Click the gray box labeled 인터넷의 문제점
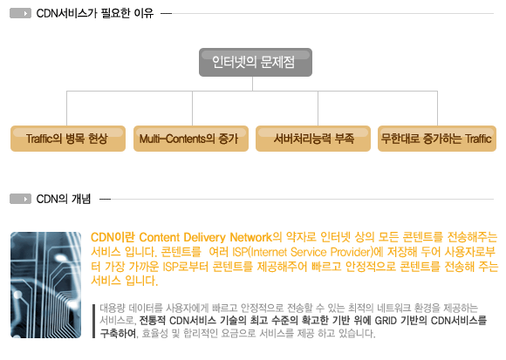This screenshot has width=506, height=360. [256, 62]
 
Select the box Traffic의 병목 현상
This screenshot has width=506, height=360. [68, 139]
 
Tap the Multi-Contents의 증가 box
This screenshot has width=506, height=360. [191, 139]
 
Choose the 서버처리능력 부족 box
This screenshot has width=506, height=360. [313, 139]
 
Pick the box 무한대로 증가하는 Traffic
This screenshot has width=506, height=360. [437, 139]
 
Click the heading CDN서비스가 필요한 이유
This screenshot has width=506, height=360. [95, 14]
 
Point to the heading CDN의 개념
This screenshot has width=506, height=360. [64, 199]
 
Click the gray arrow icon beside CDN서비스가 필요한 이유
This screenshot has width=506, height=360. [20, 13]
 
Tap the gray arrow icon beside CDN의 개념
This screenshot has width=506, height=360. [20, 199]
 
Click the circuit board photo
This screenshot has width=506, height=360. [46, 285]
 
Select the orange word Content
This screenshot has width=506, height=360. [160, 237]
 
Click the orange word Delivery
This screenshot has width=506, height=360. [205, 238]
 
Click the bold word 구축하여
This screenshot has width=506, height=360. [118, 333]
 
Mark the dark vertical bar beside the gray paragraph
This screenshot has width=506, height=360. [93, 321]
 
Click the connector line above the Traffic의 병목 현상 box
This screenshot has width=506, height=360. [67, 108]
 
